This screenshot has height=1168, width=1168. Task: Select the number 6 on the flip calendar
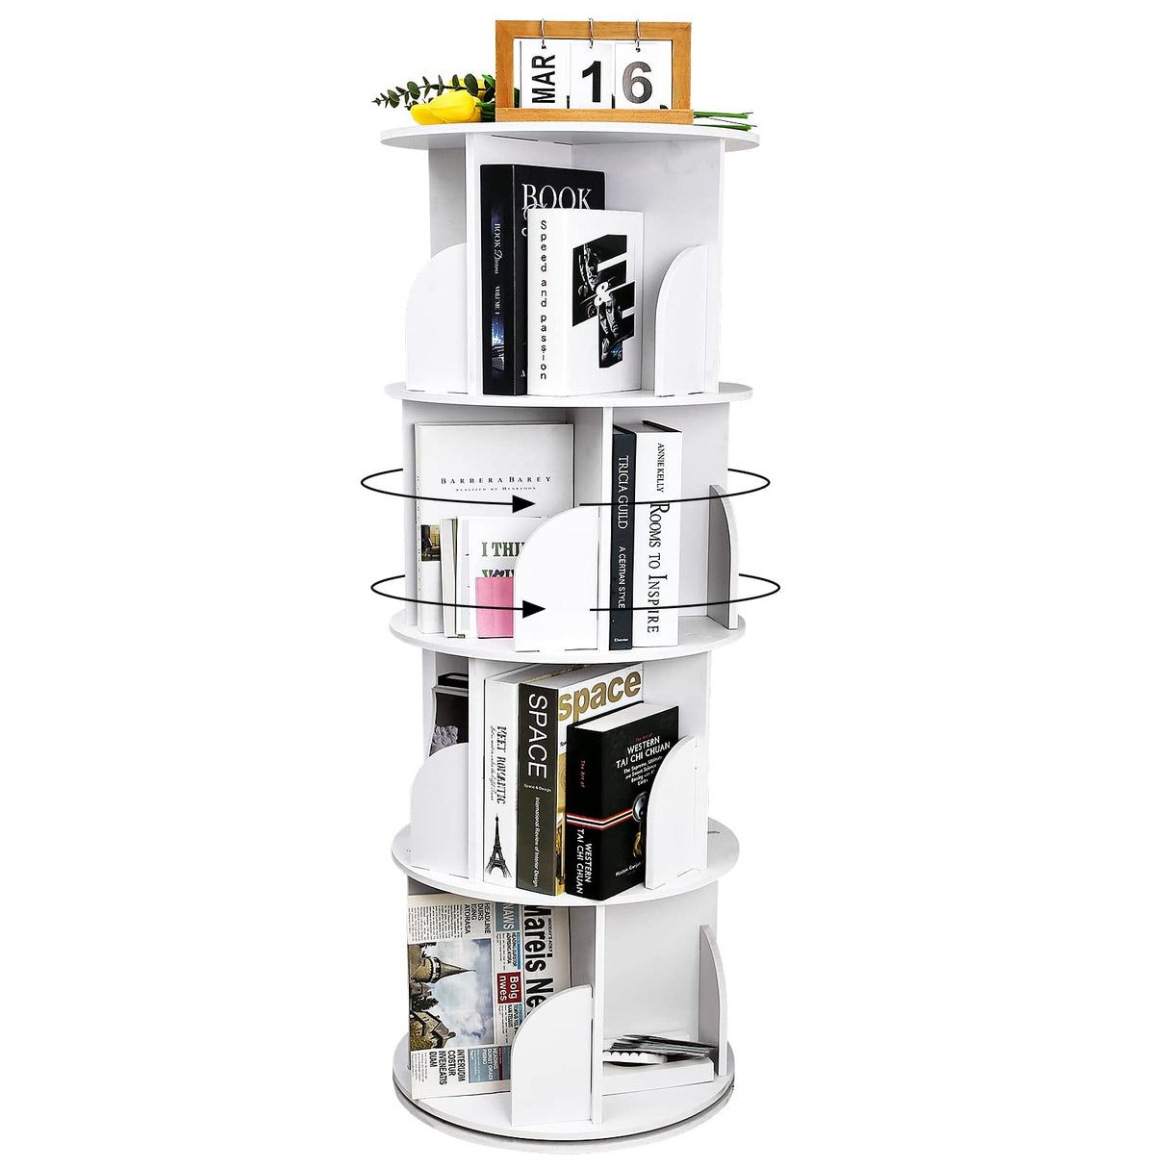tap(637, 81)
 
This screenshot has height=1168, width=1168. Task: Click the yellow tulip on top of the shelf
tap(444, 109)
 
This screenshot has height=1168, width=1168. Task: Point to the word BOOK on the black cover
tap(557, 198)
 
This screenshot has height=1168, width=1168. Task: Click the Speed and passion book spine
tap(543, 298)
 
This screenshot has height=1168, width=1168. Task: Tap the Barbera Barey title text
tap(495, 479)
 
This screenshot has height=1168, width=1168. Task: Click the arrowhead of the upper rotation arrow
tap(524, 503)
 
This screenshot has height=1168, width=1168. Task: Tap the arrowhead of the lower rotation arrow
tap(531, 608)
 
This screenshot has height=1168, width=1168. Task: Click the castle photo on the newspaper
tap(450, 991)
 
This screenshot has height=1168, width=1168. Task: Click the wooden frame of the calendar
tap(594, 115)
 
